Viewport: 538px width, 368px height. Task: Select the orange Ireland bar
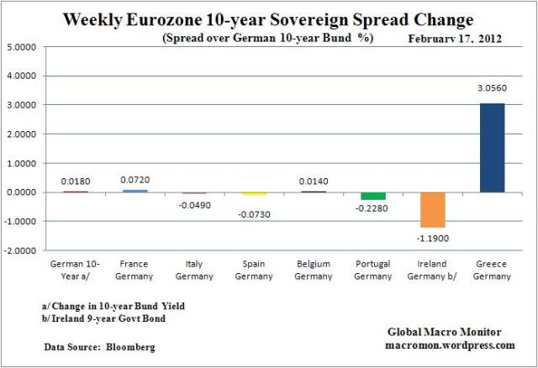(433, 209)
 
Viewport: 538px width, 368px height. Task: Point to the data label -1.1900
(433, 238)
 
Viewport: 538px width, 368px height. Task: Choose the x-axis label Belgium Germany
(313, 270)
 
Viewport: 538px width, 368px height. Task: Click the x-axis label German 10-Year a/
(73, 270)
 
